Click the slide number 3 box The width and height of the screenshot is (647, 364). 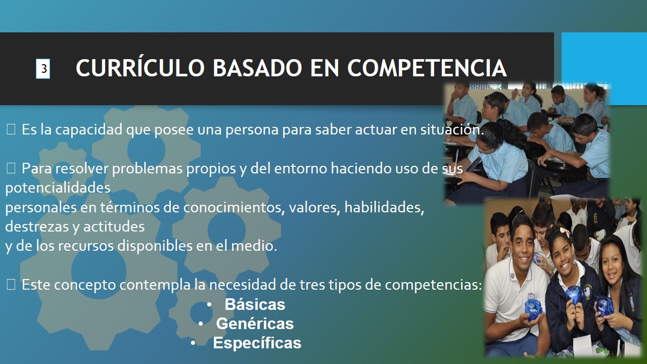[43, 69]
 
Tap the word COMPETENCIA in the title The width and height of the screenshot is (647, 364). [427, 68]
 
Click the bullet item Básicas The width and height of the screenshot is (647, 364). [255, 305]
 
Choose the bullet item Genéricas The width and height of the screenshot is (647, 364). [255, 324]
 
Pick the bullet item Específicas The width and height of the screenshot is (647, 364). [257, 343]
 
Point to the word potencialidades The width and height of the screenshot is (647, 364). [58, 188]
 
